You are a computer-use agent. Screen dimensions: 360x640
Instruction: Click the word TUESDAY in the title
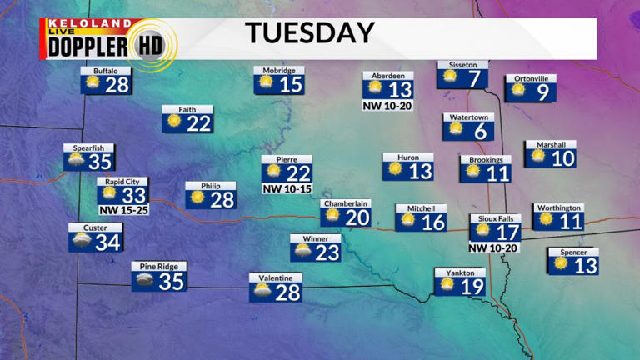point(309,33)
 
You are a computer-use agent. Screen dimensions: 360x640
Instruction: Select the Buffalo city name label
point(105,72)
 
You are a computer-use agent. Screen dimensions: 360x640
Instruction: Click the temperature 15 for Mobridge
point(290,84)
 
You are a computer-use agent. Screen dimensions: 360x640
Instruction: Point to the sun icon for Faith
point(174,122)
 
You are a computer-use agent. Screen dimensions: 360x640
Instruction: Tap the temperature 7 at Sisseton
point(475,79)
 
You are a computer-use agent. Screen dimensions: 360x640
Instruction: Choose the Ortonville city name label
point(531,79)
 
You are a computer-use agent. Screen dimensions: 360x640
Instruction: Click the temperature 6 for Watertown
point(479,131)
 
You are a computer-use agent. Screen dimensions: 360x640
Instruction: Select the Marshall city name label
point(551,145)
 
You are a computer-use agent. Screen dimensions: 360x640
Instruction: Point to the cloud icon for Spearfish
point(77,162)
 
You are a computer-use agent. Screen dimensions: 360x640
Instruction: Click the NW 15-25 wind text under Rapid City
point(122,209)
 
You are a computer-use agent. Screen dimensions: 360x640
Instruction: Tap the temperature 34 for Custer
point(107,242)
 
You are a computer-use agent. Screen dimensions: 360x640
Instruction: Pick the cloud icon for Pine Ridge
point(143,281)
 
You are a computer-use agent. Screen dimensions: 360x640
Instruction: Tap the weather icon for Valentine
point(261,292)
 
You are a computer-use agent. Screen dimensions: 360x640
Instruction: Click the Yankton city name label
point(460,272)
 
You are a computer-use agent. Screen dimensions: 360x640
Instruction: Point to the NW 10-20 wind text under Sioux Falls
point(494,247)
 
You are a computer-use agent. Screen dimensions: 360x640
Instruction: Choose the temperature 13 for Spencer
point(586,266)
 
